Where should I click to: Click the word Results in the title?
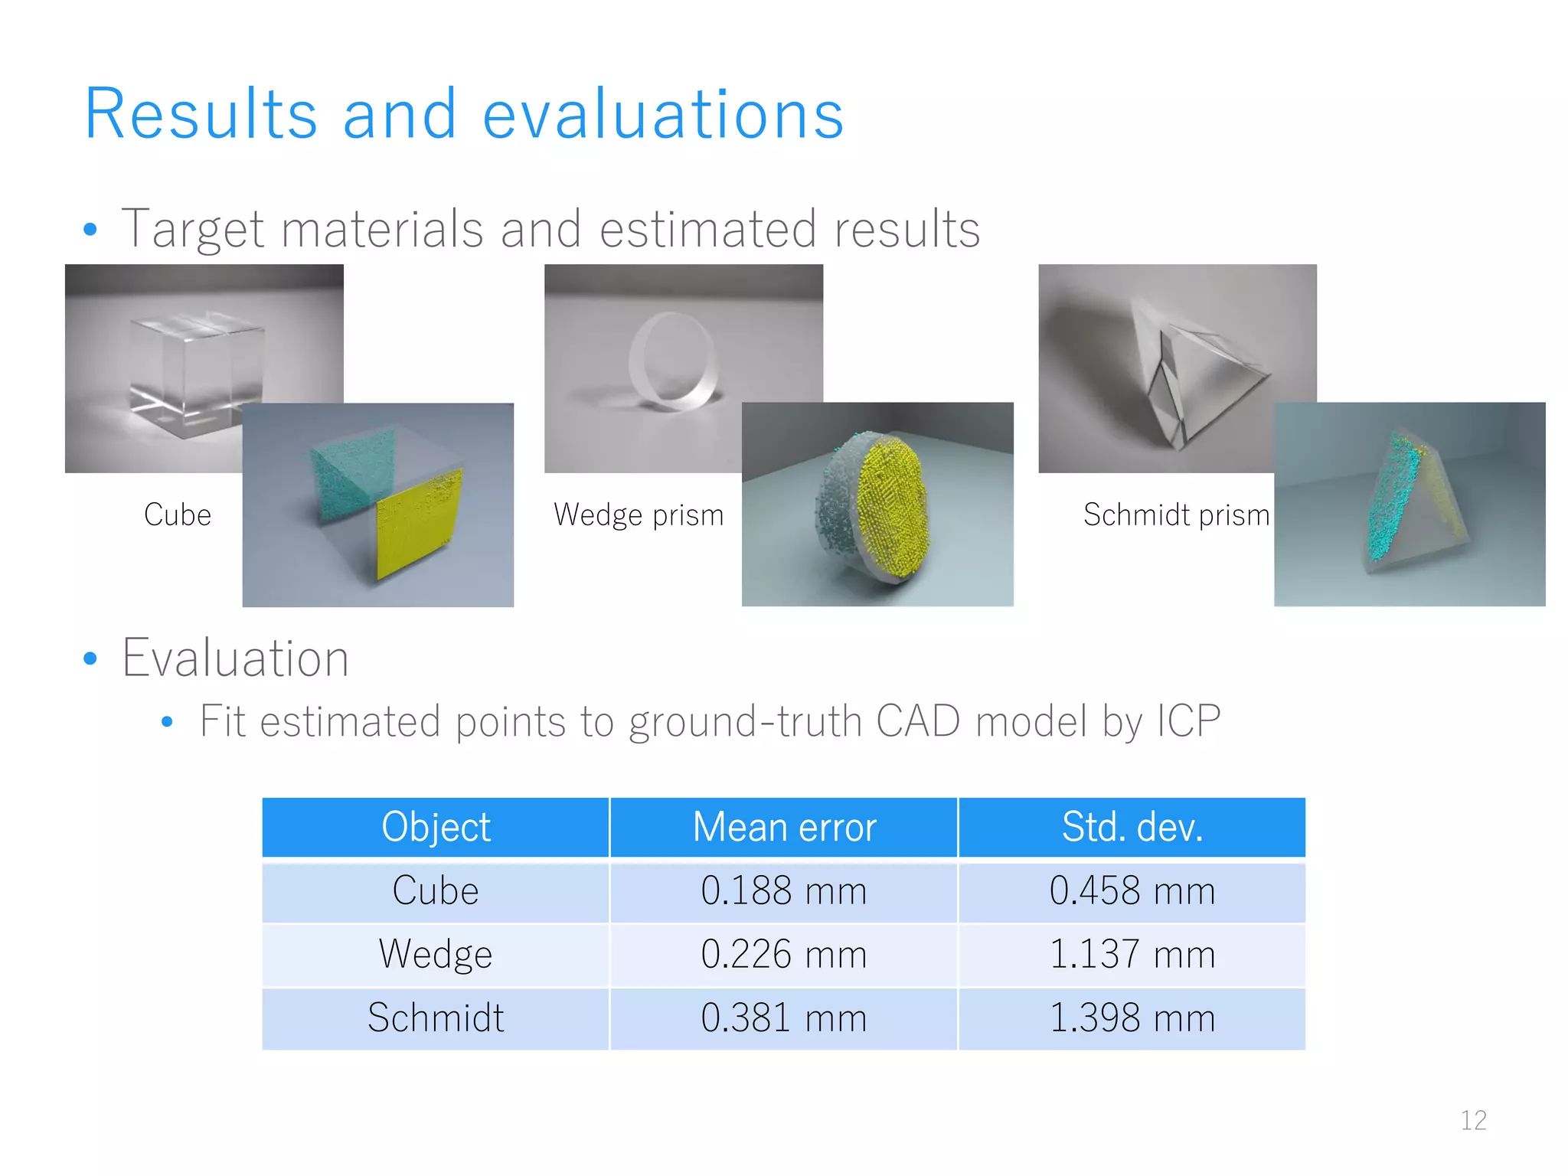point(201,115)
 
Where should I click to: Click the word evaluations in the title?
point(663,115)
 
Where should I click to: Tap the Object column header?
point(436,828)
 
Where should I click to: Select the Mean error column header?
point(784,828)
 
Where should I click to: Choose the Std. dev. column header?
point(1132,828)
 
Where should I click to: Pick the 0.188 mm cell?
point(784,892)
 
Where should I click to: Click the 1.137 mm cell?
point(1132,955)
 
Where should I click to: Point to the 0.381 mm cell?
point(784,1018)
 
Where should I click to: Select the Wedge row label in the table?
point(436,955)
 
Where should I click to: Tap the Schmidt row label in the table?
point(436,1018)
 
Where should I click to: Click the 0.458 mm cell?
point(1132,892)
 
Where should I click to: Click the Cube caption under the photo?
point(178,514)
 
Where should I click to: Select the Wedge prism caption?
point(639,514)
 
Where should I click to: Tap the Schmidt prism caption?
point(1176,514)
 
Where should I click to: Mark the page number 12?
point(1473,1120)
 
